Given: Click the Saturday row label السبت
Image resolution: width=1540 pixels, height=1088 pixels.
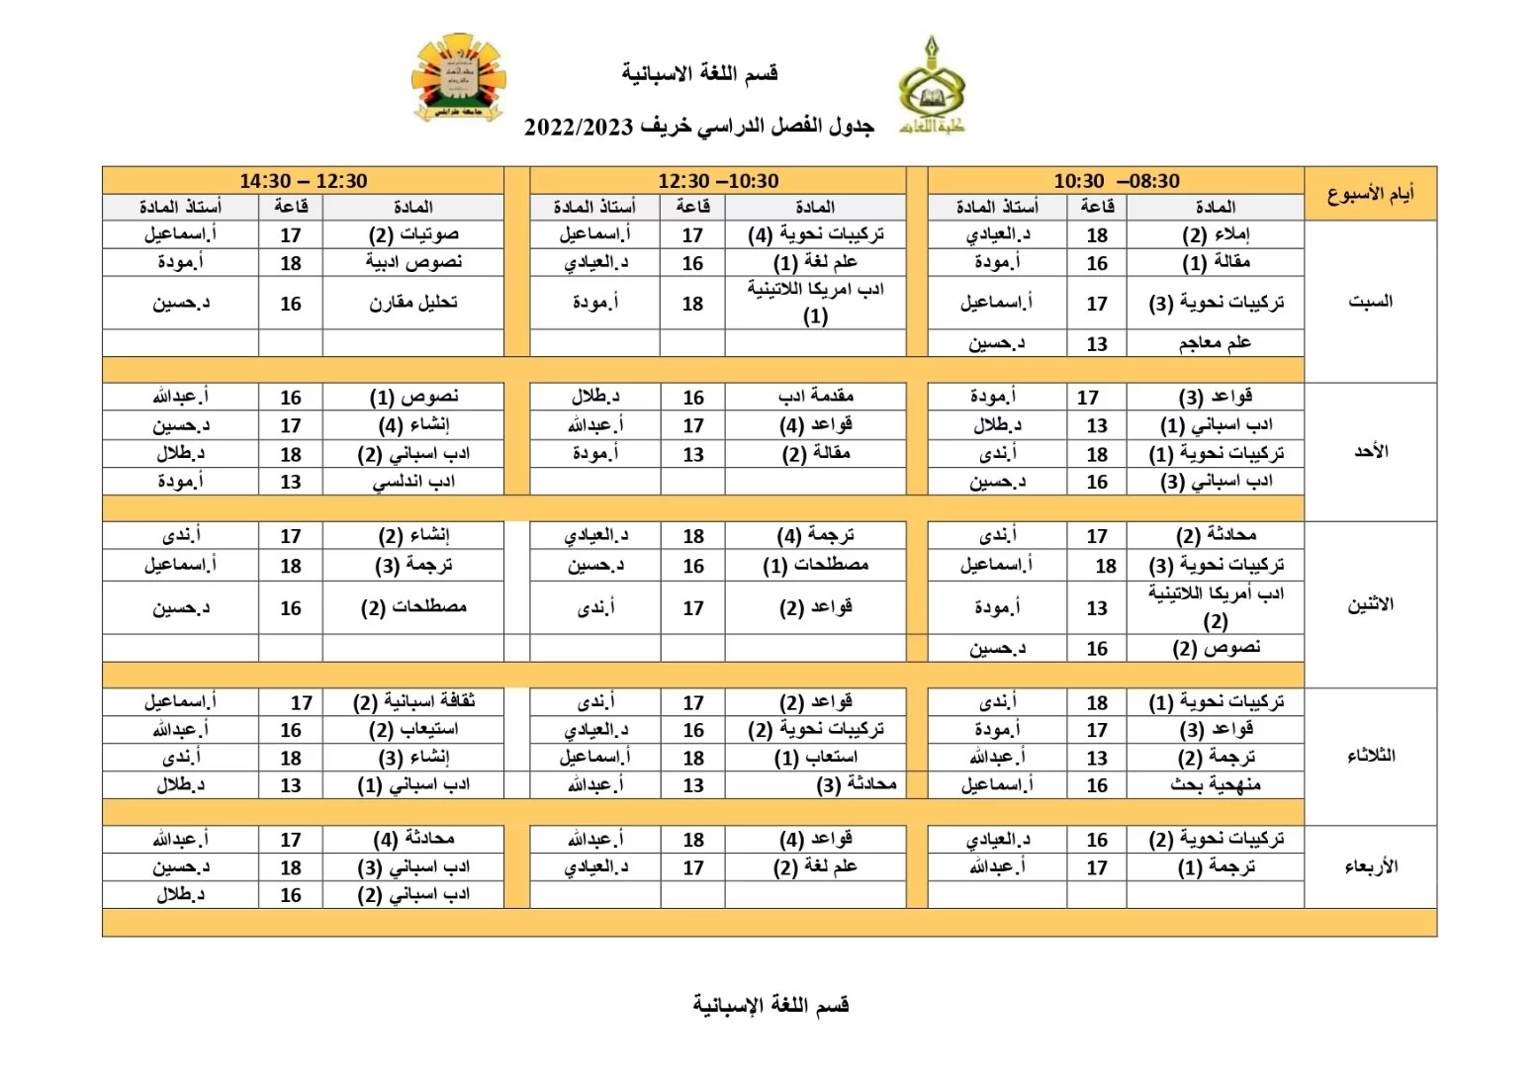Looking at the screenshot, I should point(1370,301).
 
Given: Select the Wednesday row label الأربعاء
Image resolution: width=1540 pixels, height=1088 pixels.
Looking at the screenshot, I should point(1370,866).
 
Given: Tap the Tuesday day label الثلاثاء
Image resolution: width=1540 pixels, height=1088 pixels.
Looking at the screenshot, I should point(1370,756).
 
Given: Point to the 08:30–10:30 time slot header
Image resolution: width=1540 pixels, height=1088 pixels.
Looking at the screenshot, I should point(1116,181).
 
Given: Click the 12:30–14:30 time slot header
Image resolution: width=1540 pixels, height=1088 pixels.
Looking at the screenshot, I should point(303,181).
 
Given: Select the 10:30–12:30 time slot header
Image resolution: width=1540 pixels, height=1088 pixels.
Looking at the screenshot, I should point(718,181).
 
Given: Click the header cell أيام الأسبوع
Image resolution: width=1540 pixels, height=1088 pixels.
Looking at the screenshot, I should point(1370,194).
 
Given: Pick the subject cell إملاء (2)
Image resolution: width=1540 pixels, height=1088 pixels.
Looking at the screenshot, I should point(1216,234).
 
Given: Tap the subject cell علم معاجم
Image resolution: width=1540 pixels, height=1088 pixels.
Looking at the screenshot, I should point(1215,343).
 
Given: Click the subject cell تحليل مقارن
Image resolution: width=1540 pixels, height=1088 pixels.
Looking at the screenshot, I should point(413,303).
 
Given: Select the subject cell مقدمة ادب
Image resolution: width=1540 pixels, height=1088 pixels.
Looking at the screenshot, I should point(815,397).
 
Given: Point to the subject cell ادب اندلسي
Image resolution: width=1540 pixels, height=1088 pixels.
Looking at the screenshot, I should point(413,482).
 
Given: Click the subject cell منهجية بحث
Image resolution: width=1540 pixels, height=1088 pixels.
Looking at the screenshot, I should point(1215,784).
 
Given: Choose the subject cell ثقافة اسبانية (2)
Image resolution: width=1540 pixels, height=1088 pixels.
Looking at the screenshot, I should point(413,701).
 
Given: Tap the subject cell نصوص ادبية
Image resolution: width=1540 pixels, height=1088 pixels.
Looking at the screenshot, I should point(413,262).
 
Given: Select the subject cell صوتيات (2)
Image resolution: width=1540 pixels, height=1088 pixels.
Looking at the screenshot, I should point(413,234).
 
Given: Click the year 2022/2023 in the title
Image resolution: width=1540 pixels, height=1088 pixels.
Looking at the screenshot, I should point(578,128).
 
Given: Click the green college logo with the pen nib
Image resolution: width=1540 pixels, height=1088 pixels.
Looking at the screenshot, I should point(931,87).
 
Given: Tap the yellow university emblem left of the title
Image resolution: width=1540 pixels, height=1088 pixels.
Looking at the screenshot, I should point(458,78).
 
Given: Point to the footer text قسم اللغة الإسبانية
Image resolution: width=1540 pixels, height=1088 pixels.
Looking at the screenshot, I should point(770,1005).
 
